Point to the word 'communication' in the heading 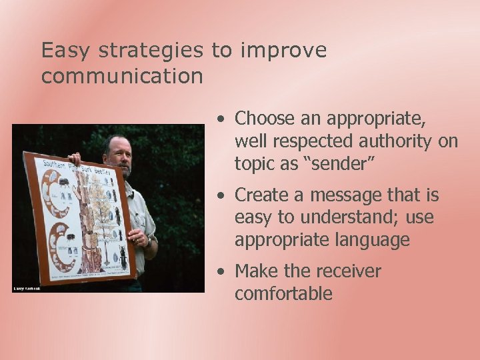pos(122,76)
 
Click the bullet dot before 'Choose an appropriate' pos(220,119)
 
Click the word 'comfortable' pos(283,293)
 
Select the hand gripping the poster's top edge pos(75,158)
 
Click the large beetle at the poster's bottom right pos(123,257)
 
